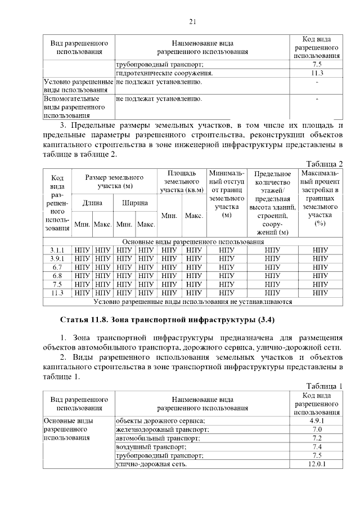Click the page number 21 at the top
192,21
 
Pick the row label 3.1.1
57,249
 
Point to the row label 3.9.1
57,258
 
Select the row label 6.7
57,267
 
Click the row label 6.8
57,276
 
